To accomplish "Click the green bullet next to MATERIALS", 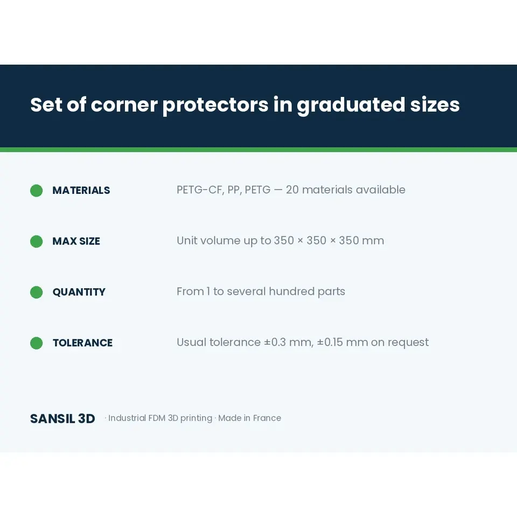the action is coord(36,191).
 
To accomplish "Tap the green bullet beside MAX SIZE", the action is coord(36,241).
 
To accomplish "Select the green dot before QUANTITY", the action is coord(36,292).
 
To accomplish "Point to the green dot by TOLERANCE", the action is coord(36,343).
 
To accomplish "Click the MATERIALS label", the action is coord(81,191).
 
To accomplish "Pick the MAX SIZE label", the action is coord(76,241).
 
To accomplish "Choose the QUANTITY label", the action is coord(79,292).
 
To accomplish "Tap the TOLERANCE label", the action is coord(83,343).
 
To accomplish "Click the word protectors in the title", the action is coord(215,106).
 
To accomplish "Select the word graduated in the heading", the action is coord(351,106).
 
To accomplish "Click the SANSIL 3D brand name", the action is coord(62,419).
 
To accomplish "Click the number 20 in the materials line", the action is coord(292,190).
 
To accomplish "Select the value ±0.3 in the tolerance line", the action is coord(275,343).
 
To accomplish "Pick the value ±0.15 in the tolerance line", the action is coord(330,343).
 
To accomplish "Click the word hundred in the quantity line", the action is coord(291,291).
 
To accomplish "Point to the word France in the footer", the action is coord(267,418).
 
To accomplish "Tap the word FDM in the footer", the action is coord(157,418).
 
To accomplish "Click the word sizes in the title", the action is coord(435,105).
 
